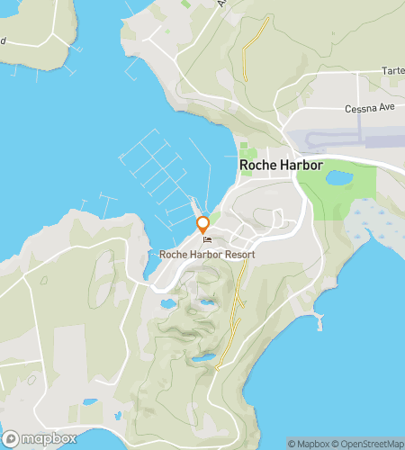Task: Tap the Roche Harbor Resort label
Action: [207, 255]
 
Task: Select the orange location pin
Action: [203, 225]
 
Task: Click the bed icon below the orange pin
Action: [208, 241]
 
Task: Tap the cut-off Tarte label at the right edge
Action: [393, 70]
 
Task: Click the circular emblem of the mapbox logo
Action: [11, 438]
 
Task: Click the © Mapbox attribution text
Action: [309, 443]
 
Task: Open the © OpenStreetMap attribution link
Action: [366, 443]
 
